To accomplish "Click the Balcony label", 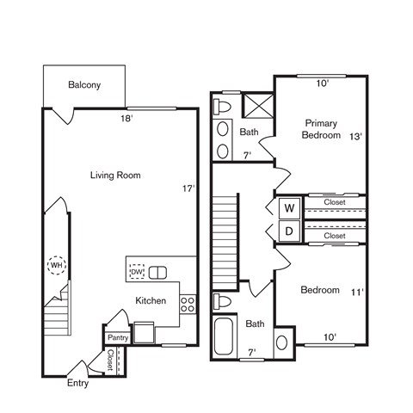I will [84, 84].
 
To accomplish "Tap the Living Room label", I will [115, 175].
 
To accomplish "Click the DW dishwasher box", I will [136, 273].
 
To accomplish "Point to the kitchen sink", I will [157, 273].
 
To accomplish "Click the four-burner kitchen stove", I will [188, 303].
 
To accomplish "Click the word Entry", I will [78, 383].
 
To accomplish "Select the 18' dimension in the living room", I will [127, 119].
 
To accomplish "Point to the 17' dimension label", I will [188, 188].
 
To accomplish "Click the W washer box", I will [289, 208].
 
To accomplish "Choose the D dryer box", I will [289, 231].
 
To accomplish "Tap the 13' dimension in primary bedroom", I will [355, 136].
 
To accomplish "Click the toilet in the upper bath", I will [224, 107].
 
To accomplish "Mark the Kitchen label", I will [151, 300].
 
